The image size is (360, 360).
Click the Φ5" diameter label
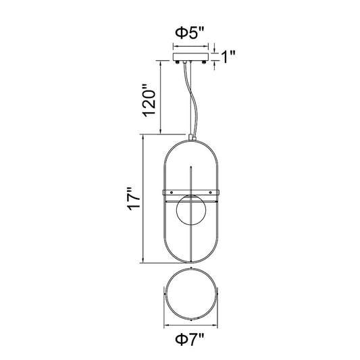[x=189, y=33]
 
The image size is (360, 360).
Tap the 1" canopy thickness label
[x=228, y=57]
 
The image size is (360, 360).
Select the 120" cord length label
[x=149, y=101]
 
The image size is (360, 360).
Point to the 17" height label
[x=133, y=199]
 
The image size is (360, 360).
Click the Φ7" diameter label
[x=190, y=339]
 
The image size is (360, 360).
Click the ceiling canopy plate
[x=190, y=57]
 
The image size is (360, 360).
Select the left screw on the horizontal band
[x=172, y=192]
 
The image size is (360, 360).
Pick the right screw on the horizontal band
[x=210, y=192]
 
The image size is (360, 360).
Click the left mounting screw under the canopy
[x=177, y=62]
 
